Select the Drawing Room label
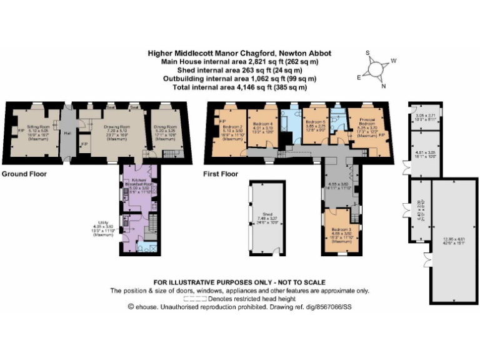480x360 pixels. click(111, 126)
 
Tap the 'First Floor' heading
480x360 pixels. click(221, 173)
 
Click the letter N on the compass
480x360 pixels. click(384, 86)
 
